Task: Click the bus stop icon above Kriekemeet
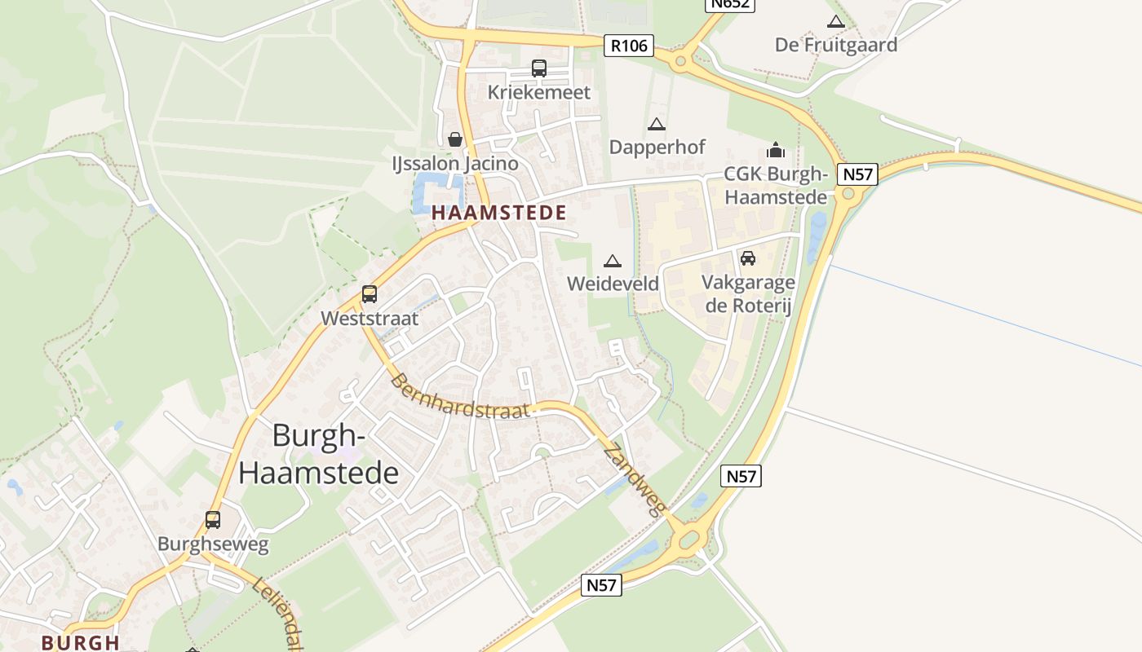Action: [539, 68]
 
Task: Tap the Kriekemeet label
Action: [538, 92]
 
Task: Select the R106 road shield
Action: [630, 46]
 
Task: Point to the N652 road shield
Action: [730, 4]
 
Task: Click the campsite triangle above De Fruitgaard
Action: [836, 22]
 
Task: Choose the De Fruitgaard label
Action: [836, 45]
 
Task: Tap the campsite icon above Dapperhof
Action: [656, 125]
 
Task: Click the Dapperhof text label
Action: [657, 148]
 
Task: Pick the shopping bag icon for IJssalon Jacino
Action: [455, 139]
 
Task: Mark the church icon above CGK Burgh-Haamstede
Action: [775, 151]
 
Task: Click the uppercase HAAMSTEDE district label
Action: [498, 214]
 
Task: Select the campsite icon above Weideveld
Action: [613, 261]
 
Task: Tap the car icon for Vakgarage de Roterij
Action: [747, 258]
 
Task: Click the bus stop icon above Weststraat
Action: [370, 294]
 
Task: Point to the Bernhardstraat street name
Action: [459, 398]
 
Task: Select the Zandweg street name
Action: [635, 482]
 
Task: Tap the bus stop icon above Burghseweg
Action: [213, 520]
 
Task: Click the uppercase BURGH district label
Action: [81, 642]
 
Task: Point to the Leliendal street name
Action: [277, 615]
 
